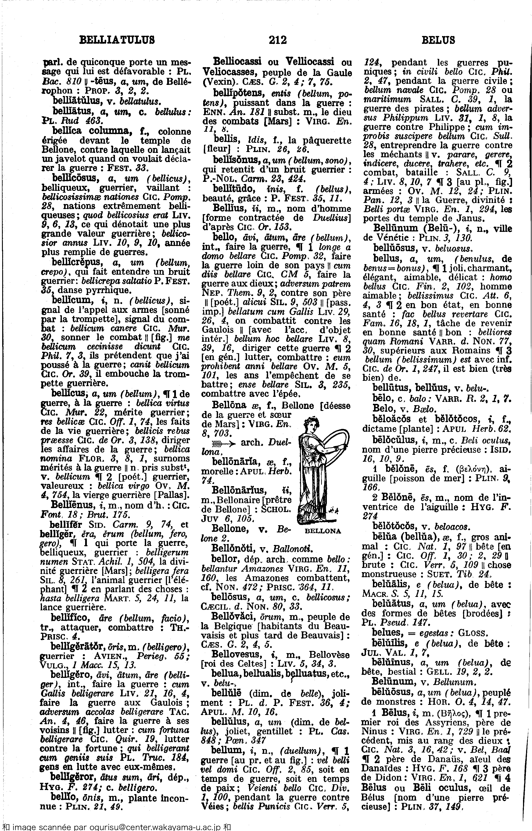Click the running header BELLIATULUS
pos(117,40)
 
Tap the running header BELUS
pos(438,40)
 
